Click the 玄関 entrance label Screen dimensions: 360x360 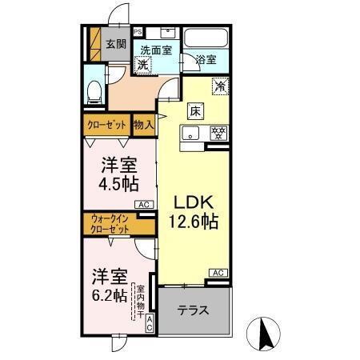pyautogui.click(x=115, y=45)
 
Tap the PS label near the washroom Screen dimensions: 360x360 pyautogui.click(x=138, y=32)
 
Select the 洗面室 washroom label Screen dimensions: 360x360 pyautogui.click(x=158, y=50)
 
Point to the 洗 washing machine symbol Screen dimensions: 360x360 pyautogui.click(x=142, y=65)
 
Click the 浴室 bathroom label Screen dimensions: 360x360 pyautogui.click(x=206, y=59)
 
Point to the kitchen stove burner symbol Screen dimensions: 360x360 pyautogui.click(x=215, y=134)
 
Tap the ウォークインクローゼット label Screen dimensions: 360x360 pyautogui.click(x=110, y=224)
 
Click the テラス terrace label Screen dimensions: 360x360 pyautogui.click(x=194, y=310)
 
